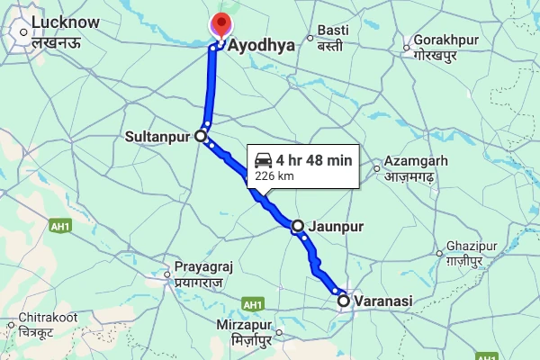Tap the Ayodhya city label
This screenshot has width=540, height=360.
[x=262, y=45]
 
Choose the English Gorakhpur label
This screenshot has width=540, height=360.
[x=442, y=41]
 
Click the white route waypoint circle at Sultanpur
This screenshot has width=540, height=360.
[x=201, y=137]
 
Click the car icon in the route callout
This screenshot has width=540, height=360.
[x=264, y=160]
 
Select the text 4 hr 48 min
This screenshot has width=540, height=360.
[x=314, y=161]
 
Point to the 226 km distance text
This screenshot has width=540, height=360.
[x=275, y=176]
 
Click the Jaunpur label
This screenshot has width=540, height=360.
[x=335, y=227]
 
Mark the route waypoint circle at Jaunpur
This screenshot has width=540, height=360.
[x=298, y=225]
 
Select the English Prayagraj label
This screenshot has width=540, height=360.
[x=204, y=268]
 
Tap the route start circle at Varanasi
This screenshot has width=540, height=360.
[x=343, y=301]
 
